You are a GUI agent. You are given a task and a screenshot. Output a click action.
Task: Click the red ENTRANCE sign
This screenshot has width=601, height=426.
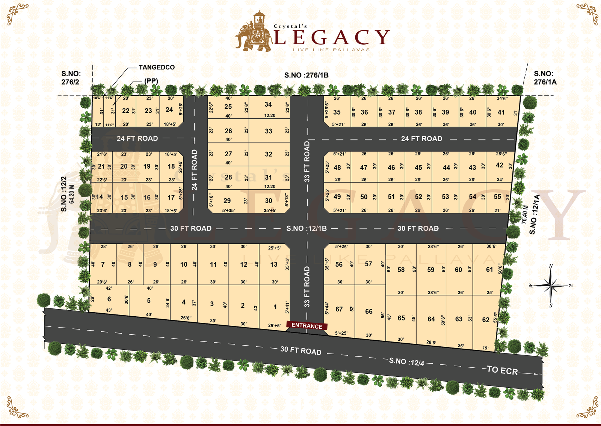pyautogui.click(x=307, y=326)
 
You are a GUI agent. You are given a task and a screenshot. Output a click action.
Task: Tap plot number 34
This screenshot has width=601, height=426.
pyautogui.click(x=268, y=104)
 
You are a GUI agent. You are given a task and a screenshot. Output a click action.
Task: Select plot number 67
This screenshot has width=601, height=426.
pyautogui.click(x=339, y=309)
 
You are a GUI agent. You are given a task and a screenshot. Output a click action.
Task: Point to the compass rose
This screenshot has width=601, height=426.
pyautogui.click(x=551, y=286)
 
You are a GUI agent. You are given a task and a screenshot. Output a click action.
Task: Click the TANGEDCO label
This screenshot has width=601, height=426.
pyautogui.click(x=157, y=67)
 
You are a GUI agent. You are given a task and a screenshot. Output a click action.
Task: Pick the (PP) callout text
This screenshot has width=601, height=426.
pyautogui.click(x=151, y=81)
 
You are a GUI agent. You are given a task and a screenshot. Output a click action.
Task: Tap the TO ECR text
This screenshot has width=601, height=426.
pyautogui.click(x=502, y=370)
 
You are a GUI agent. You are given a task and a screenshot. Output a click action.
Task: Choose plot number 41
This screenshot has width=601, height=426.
pyautogui.click(x=501, y=112)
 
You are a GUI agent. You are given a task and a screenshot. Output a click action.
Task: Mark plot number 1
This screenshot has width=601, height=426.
pyautogui.click(x=275, y=307)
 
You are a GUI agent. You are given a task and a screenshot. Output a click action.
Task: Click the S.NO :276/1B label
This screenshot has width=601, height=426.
pyautogui.click(x=306, y=75)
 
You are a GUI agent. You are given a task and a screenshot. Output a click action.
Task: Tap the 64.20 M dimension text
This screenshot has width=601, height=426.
pyautogui.click(x=72, y=194)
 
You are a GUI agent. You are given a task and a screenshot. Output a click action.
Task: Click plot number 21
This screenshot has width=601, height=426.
pyautogui.click(x=101, y=166)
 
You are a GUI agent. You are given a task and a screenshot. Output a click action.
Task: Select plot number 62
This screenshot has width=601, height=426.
pyautogui.click(x=486, y=320)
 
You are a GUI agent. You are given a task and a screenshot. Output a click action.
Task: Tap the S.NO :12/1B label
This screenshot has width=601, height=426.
pyautogui.click(x=307, y=228)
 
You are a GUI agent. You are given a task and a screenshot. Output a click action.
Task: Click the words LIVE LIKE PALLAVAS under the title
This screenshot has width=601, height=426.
pyautogui.click(x=331, y=50)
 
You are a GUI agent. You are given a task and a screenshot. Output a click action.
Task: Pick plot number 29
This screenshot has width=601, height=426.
pyautogui.click(x=227, y=201)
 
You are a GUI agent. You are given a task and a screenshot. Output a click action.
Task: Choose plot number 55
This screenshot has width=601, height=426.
pyautogui.click(x=497, y=196)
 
